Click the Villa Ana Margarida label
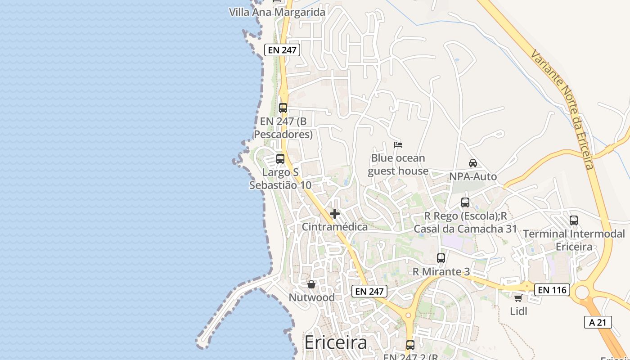tap(277, 12)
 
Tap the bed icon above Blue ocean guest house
tap(398, 145)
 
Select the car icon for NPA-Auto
tap(472, 163)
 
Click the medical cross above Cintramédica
tap(335, 214)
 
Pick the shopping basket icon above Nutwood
tap(311, 284)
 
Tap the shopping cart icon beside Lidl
tap(518, 298)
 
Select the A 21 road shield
tap(598, 322)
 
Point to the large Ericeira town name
tap(336, 343)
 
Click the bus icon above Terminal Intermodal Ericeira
tap(574, 220)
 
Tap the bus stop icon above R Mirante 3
tap(441, 258)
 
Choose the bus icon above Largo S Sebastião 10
tap(280, 159)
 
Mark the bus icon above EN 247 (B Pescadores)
tap(283, 108)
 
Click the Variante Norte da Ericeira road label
tap(562, 108)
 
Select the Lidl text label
tap(518, 311)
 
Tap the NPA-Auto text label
tap(473, 176)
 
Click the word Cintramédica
tap(335, 227)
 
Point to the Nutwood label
tap(311, 297)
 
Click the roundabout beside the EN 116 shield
tap(582, 292)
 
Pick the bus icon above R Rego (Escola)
tap(465, 202)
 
